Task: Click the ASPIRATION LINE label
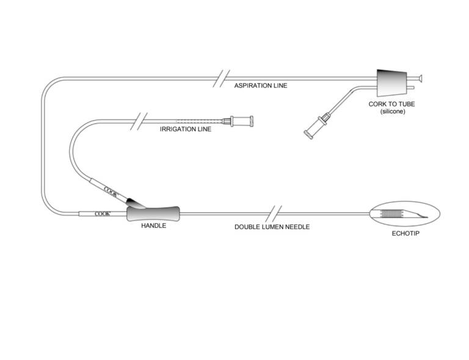coord(260,86)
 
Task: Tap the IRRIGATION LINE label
coord(185,129)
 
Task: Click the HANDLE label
coord(153,226)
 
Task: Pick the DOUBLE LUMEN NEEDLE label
coord(272,227)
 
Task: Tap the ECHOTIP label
coord(405,232)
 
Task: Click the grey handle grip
coord(154,213)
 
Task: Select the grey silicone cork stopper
coord(390,82)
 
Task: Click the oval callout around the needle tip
coord(405,213)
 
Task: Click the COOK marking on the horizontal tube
coord(102,213)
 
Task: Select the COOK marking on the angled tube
coord(111,191)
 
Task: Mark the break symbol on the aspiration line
coord(220,79)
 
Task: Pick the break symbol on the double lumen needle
coord(276,214)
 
